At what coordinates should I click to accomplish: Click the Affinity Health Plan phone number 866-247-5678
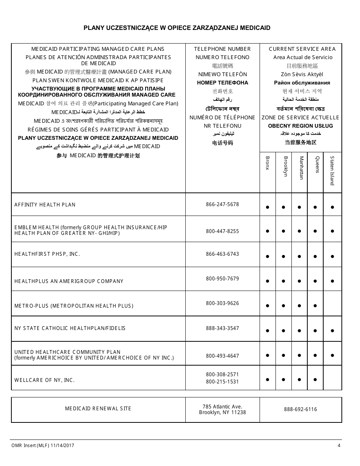(222, 204)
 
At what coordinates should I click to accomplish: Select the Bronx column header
(268, 163)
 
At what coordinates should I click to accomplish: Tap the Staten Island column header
(332, 170)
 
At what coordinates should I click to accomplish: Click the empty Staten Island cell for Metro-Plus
(332, 303)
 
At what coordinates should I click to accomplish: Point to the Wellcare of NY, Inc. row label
(44, 380)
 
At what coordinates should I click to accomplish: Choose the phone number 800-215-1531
(222, 382)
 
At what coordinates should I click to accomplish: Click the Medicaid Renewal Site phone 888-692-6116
(301, 409)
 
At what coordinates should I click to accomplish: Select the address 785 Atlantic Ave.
(222, 407)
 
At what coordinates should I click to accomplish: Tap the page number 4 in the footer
(339, 446)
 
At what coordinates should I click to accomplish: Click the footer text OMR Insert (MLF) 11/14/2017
(42, 446)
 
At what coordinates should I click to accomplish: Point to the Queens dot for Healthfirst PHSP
(315, 256)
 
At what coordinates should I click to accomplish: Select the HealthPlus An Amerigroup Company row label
(69, 281)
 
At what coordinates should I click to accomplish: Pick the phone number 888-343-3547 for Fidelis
(222, 328)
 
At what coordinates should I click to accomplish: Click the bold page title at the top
(177, 28)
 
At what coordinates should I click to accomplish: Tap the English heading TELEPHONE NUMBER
(222, 49)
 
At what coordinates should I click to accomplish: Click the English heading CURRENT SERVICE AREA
(302, 49)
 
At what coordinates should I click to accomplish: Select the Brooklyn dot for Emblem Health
(283, 231)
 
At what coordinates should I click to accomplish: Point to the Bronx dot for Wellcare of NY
(268, 379)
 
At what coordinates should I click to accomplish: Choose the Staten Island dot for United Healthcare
(332, 355)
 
